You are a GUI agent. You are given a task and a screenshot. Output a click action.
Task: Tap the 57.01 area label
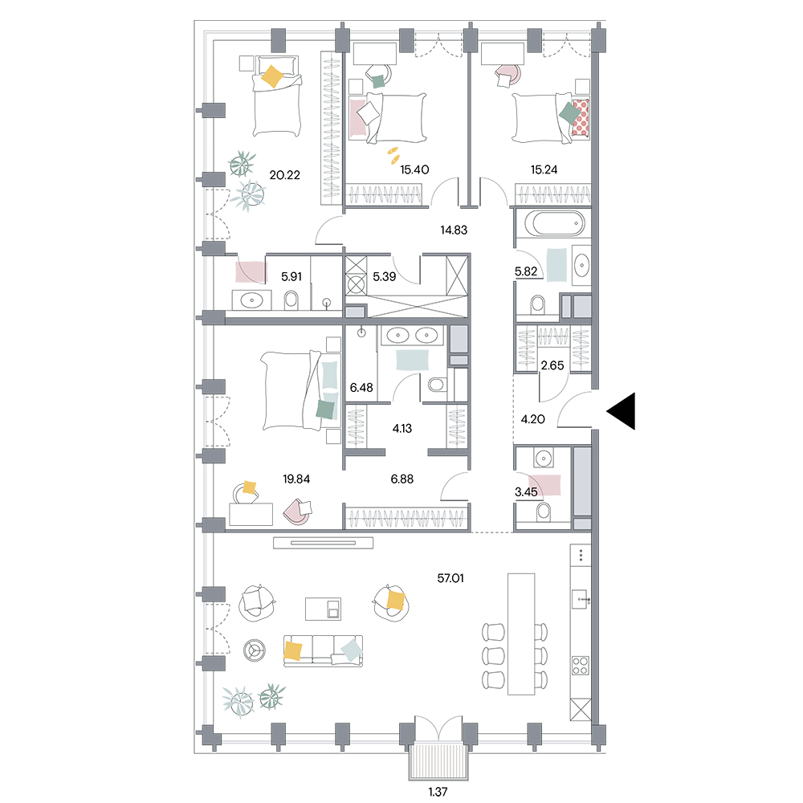click(x=450, y=578)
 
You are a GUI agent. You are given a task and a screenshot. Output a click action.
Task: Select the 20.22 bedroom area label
click(x=285, y=175)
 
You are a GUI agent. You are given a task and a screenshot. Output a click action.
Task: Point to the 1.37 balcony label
click(x=438, y=792)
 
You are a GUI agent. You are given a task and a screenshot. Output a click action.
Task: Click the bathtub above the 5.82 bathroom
click(x=553, y=224)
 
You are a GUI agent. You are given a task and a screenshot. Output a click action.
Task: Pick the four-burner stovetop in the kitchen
click(x=581, y=666)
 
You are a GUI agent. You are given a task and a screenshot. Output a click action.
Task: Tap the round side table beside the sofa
click(x=255, y=650)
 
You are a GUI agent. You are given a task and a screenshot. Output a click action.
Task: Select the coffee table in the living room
click(x=323, y=609)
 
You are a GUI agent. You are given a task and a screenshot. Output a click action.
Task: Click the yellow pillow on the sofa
click(x=293, y=650)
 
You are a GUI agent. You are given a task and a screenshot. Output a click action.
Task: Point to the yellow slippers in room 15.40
click(x=393, y=155)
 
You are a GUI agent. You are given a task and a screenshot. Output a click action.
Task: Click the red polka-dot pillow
click(x=581, y=117)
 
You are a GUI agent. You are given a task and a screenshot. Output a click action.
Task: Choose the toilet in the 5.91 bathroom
click(x=291, y=300)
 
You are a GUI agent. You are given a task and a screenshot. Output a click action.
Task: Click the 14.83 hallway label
click(x=454, y=230)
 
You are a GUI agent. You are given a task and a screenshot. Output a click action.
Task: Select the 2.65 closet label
click(x=552, y=365)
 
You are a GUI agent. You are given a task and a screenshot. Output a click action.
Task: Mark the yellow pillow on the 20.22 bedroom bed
click(x=272, y=76)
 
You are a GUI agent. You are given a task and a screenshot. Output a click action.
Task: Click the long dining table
click(x=521, y=634)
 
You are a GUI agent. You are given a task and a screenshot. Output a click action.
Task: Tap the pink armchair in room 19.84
click(x=298, y=512)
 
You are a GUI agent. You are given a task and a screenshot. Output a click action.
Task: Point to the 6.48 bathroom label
click(x=361, y=388)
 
